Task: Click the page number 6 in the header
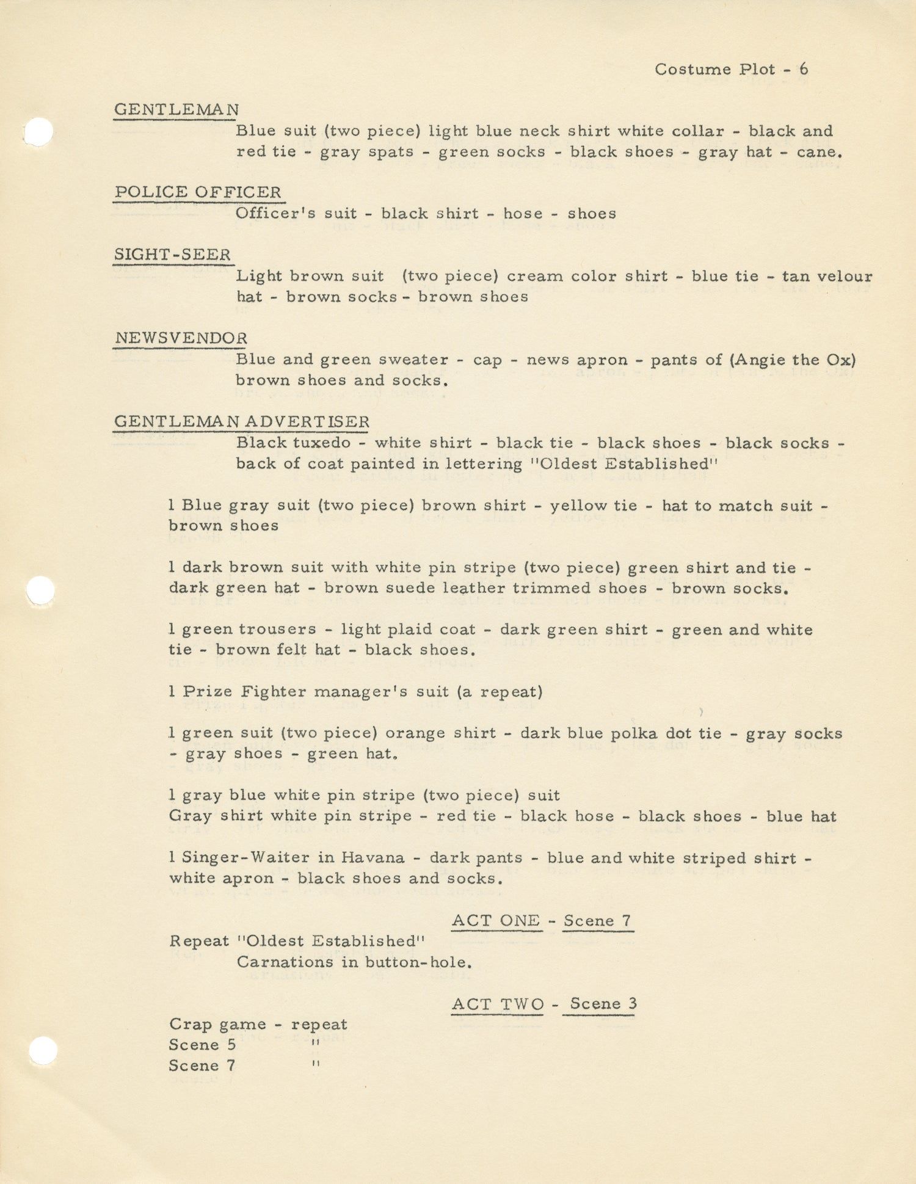pyautogui.click(x=803, y=69)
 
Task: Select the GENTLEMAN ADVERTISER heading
pyautogui.click(x=242, y=422)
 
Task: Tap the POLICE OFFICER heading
pyautogui.click(x=198, y=192)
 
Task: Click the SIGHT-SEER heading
pyautogui.click(x=173, y=255)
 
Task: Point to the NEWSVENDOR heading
pyautogui.click(x=181, y=338)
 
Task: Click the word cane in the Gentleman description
pyautogui.click(x=818, y=152)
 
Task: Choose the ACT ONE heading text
pyautogui.click(x=496, y=920)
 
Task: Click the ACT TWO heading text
pyautogui.click(x=497, y=1004)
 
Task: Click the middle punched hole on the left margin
pyautogui.click(x=42, y=590)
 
